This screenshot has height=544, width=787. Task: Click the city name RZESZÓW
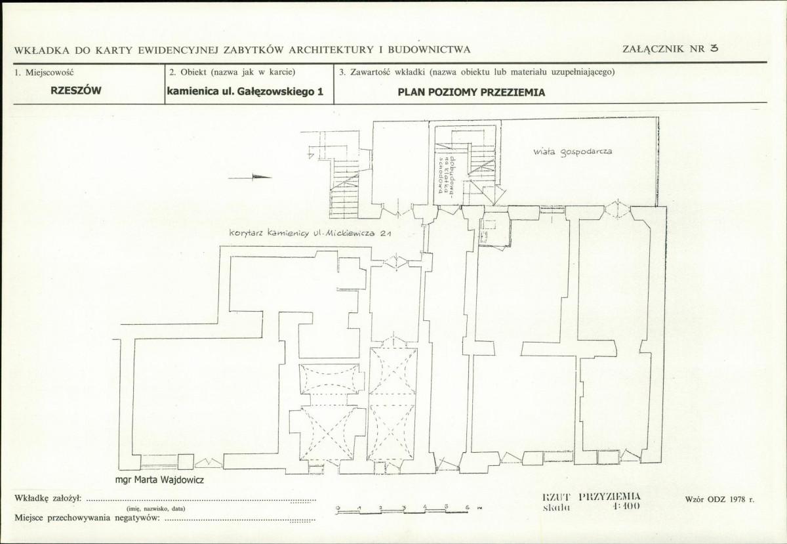tap(76, 91)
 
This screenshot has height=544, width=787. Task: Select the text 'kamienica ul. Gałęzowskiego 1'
tap(245, 92)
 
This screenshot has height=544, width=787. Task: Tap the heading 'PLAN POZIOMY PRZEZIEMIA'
tap(472, 93)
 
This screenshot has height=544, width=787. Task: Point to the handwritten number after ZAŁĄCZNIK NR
tap(714, 48)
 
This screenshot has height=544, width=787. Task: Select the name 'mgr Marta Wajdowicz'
tap(159, 480)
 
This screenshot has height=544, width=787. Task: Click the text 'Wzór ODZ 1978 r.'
tap(719, 499)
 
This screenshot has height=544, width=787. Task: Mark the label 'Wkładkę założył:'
tap(47, 498)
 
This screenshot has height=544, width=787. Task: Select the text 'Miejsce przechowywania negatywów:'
tap(87, 518)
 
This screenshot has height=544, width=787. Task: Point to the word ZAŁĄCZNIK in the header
tap(653, 49)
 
